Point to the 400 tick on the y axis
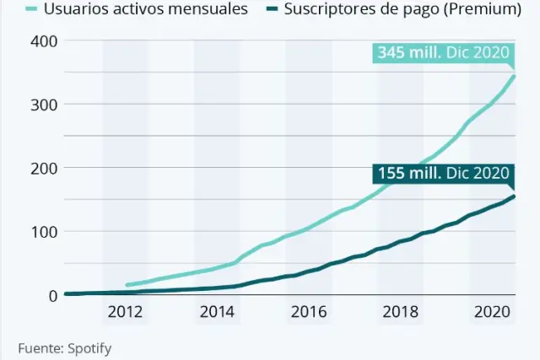click(45, 41)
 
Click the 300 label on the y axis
click(45, 105)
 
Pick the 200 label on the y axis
click(45, 168)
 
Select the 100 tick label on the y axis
click(45, 231)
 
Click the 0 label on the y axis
click(51, 295)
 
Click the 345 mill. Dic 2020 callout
click(443, 53)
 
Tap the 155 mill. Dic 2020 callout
click(443, 175)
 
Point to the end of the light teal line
click(514, 76)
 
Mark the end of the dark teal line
click(514, 196)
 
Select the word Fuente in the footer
click(39, 347)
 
